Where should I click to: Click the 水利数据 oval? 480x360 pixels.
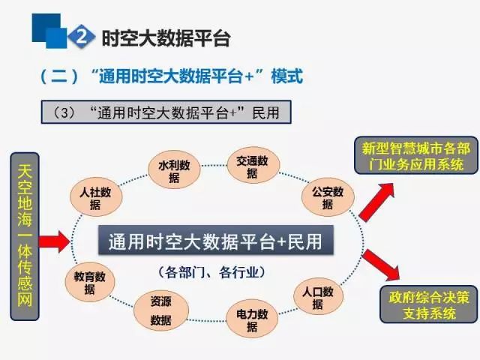click(174, 169)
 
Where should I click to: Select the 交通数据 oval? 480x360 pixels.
click(253, 165)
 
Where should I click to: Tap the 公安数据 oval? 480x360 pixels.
click(328, 196)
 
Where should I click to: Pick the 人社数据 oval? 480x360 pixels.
click(96, 196)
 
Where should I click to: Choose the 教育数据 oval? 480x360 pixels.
click(90, 282)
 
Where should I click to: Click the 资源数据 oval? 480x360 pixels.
click(161, 310)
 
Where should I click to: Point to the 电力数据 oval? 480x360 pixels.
click(252, 319)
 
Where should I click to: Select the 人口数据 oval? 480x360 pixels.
click(318, 297)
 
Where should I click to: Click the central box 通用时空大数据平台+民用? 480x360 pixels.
click(215, 240)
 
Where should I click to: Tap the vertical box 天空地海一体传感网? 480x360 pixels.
click(25, 236)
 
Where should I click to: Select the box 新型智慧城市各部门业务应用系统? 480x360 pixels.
click(416, 155)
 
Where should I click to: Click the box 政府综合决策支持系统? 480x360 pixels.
click(429, 304)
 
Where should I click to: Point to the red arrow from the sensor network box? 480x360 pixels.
click(55, 241)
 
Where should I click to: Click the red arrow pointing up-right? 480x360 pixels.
click(376, 202)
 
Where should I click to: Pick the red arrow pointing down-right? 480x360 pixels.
click(381, 265)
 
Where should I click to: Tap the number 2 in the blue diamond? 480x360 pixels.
click(82, 37)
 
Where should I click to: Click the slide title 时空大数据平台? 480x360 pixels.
click(166, 38)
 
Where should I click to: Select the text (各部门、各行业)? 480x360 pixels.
click(211, 272)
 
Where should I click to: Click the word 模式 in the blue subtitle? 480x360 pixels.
click(286, 76)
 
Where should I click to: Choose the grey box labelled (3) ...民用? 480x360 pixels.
click(166, 112)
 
